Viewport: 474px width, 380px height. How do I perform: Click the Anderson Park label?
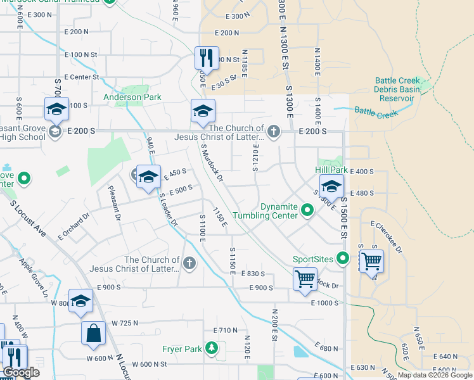132,98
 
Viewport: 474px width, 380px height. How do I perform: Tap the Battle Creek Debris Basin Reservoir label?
403,89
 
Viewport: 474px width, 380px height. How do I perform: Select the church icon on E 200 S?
273,131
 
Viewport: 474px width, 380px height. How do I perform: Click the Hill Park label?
331,170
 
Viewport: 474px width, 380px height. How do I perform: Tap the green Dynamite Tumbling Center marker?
308,210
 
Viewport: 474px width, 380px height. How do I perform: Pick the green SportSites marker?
343,258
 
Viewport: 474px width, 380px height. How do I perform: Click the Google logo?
21,372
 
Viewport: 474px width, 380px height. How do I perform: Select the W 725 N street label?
124,323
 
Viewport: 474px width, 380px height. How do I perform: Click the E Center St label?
79,77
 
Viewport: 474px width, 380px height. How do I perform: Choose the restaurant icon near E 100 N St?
206,58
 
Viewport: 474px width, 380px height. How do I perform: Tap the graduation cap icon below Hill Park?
331,187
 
